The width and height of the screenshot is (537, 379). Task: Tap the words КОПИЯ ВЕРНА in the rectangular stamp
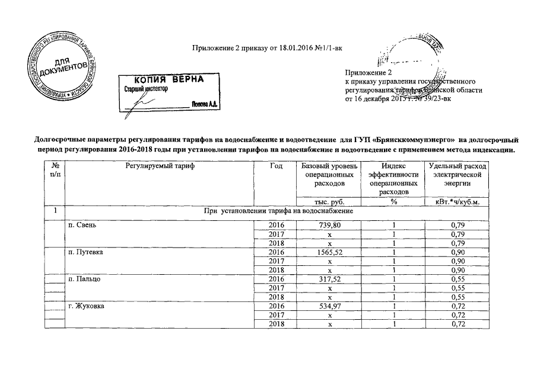pyautogui.click(x=167, y=79)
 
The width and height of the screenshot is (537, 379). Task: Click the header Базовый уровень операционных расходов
pyautogui.click(x=328, y=176)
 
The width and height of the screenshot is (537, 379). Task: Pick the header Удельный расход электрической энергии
pyautogui.click(x=456, y=176)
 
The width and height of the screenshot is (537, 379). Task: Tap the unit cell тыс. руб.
pyautogui.click(x=328, y=202)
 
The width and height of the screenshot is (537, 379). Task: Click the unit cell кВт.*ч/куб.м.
pyautogui.click(x=456, y=202)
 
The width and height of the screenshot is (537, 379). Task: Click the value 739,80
pyautogui.click(x=328, y=226)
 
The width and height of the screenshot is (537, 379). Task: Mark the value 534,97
pyautogui.click(x=328, y=306)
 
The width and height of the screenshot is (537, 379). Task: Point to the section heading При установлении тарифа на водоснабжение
pyautogui.click(x=278, y=211)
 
